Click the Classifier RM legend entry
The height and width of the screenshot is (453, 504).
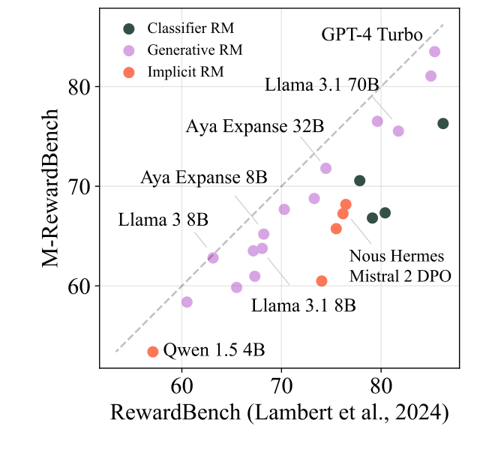(x=190, y=28)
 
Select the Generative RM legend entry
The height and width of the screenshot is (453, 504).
(x=195, y=50)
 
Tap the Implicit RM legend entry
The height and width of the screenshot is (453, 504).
(x=186, y=72)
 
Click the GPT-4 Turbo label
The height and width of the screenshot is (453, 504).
(x=372, y=34)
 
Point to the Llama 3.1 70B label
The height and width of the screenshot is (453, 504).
(x=322, y=85)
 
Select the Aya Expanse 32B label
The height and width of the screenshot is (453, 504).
(x=255, y=126)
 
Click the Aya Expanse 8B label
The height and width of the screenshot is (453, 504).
(x=204, y=178)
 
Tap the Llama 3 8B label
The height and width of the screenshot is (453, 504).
(x=163, y=220)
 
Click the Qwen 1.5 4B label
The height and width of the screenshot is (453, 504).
(x=214, y=350)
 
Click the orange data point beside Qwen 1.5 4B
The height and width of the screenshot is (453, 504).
(x=153, y=352)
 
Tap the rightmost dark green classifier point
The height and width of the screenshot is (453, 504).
(x=443, y=124)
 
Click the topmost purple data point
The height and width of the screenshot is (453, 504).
(x=434, y=52)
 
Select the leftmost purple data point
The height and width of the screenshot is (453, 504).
(x=187, y=301)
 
